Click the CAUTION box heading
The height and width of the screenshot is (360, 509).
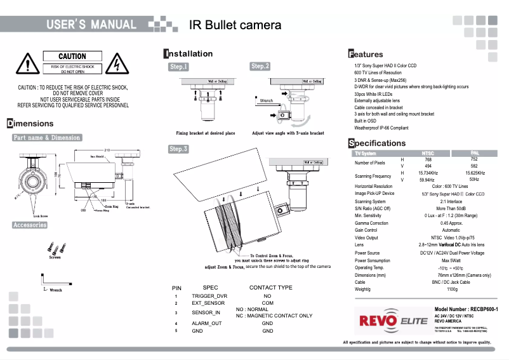[72, 57]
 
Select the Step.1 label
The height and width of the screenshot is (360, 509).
[178, 67]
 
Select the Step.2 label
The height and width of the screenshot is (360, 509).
[260, 66]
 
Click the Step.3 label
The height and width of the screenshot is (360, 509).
[178, 149]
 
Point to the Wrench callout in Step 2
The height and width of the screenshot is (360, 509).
[267, 100]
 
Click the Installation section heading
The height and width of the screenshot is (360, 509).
[188, 53]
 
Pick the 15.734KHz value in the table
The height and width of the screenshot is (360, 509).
[428, 173]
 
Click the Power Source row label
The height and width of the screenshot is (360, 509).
[367, 253]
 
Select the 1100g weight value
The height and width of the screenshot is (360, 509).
[451, 289]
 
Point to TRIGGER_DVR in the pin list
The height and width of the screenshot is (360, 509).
[209, 297]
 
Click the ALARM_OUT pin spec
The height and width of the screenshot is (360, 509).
[206, 323]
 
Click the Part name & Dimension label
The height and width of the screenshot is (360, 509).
[47, 138]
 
